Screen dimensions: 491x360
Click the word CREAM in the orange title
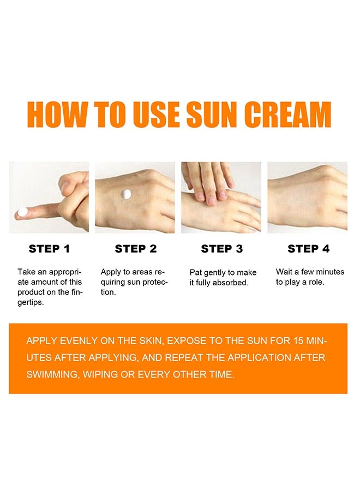(287, 115)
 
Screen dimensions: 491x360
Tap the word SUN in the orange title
(211, 115)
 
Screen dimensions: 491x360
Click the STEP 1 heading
(49, 249)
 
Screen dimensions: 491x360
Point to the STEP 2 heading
(135, 249)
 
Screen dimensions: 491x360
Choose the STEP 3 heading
(221, 249)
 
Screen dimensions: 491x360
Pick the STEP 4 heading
(308, 249)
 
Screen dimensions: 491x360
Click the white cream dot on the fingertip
(23, 213)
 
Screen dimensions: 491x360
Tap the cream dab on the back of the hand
(127, 194)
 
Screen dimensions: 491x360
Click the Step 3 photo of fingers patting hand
(221, 197)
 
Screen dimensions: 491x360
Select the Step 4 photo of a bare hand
(307, 197)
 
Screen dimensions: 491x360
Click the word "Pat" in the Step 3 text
(196, 272)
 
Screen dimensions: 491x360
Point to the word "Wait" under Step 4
(285, 272)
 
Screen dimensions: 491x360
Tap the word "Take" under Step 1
(27, 272)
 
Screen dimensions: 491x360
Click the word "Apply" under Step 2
(111, 272)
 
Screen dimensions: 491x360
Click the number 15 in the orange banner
(298, 341)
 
